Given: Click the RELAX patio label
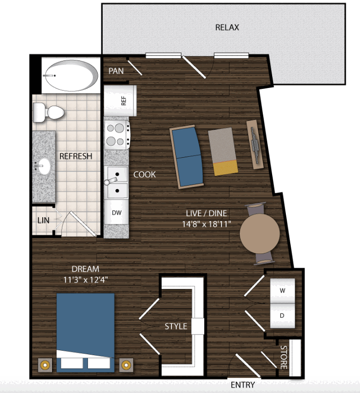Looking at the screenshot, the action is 227,28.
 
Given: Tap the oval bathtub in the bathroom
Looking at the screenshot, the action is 71,75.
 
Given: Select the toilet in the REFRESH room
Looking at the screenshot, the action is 48,112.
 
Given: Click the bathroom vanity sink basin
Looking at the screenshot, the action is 44,166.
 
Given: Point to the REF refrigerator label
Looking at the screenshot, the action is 123,101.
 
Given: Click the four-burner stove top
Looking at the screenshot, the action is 117,135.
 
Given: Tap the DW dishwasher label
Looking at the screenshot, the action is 116,213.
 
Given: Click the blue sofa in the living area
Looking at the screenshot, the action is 187,157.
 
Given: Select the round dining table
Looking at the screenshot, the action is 259,233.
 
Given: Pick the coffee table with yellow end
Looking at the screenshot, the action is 223,151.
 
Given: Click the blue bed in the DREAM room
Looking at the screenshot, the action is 85,333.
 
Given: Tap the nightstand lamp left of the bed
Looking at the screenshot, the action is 45,365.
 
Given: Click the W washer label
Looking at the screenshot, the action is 282,291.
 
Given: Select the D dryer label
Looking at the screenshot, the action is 282,315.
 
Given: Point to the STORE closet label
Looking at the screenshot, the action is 283,357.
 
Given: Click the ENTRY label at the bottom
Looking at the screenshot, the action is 243,385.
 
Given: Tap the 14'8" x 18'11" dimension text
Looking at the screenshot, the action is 206,224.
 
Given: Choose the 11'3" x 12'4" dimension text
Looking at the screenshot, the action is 85,279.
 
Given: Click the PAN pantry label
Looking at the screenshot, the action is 116,71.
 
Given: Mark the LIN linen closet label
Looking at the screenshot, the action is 43,221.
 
